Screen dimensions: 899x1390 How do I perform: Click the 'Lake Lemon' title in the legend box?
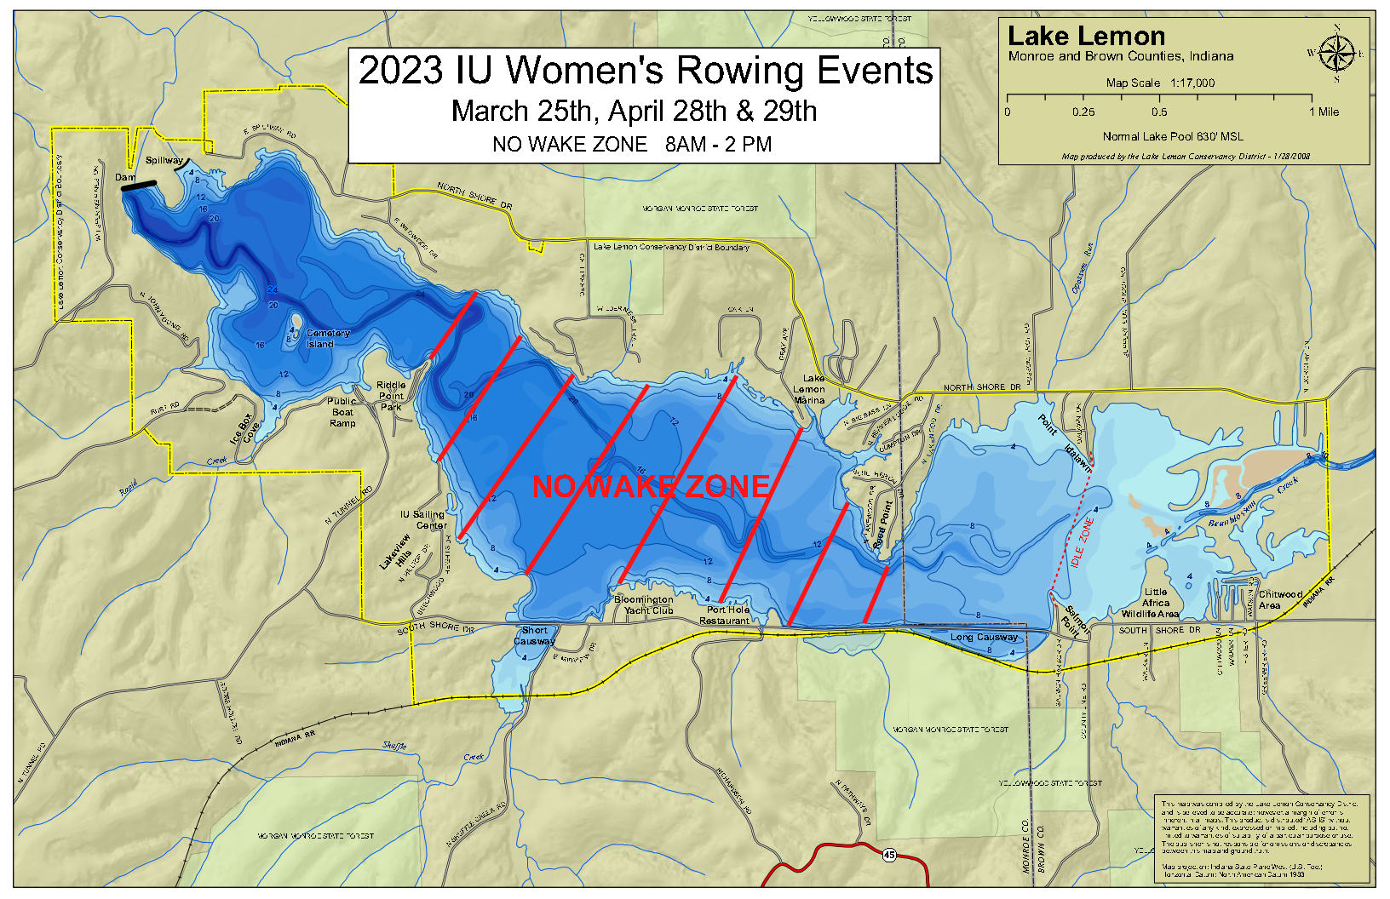[1086, 37]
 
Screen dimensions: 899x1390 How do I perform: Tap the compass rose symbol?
[1336, 54]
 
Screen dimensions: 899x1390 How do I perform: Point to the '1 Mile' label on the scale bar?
[1324, 112]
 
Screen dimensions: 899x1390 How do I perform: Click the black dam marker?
[139, 186]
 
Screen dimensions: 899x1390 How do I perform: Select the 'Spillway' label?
[164, 160]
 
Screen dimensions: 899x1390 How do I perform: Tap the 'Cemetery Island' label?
[327, 339]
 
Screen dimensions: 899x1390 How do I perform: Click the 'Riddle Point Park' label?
[391, 396]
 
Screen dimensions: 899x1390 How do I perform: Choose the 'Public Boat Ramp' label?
[342, 412]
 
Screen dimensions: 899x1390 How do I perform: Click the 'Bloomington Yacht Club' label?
[644, 605]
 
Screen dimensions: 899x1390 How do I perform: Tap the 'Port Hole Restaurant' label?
[727, 615]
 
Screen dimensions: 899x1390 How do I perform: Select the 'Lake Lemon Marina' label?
[810, 389]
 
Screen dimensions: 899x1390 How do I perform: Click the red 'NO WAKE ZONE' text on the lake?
[652, 486]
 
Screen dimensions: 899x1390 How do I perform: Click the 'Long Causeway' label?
[984, 637]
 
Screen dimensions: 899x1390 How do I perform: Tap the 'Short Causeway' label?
[534, 636]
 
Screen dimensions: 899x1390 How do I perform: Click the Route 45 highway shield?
[890, 855]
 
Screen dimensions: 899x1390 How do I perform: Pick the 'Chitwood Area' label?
[1280, 599]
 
